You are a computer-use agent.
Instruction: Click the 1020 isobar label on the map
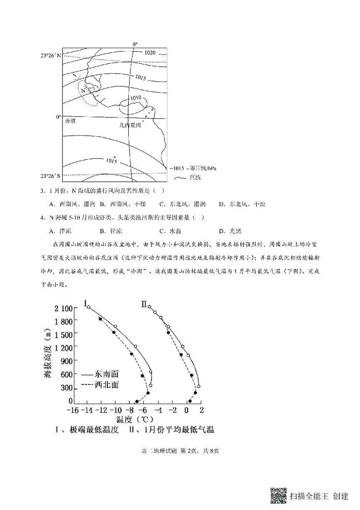tap(151, 53)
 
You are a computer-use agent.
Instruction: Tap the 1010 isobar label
tap(136, 98)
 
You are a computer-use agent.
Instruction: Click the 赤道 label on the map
tap(70, 121)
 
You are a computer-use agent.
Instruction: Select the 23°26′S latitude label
tap(50, 176)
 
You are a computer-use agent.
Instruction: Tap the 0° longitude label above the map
tap(135, 44)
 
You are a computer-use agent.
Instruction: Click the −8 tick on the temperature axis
tap(130, 410)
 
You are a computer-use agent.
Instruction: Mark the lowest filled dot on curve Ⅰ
tap(137, 401)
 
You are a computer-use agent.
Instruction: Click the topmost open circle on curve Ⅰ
tap(88, 307)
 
